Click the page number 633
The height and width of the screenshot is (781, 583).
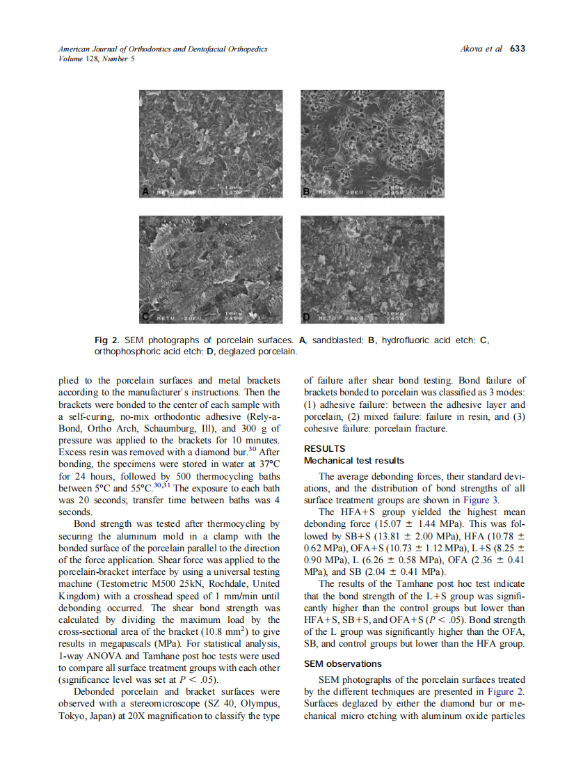tap(518, 49)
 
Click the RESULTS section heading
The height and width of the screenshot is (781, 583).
tap(325, 449)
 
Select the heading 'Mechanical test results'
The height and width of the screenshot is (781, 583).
tap(354, 461)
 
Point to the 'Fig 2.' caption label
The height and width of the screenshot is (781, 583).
tap(106, 340)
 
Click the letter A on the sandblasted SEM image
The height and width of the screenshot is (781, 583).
tap(145, 191)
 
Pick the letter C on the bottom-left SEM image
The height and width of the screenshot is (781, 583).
tap(145, 317)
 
